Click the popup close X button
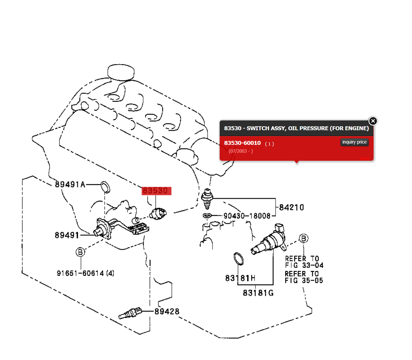coord(373,121)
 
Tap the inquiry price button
coord(354,142)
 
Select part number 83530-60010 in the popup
coord(242,143)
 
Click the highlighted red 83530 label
coord(156,191)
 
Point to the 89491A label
coord(70,185)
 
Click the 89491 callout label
coord(67,235)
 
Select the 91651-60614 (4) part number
coord(85,273)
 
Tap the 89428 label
coord(167,312)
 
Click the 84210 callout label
coord(291,207)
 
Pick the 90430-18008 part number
coord(247,216)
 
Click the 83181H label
coord(240,278)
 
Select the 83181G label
coord(258,293)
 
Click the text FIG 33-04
coord(304,265)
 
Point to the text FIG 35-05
coord(304,280)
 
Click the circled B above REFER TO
coord(303,239)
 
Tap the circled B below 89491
coord(80,252)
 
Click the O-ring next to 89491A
coord(105,187)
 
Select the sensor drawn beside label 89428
coord(130,313)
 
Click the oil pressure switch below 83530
coord(158,214)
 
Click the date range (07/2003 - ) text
coord(240,151)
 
